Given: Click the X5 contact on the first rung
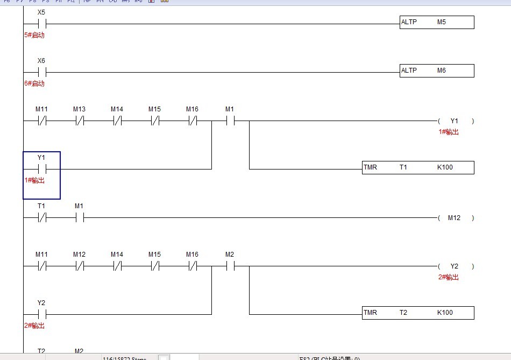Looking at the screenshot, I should coord(41,24).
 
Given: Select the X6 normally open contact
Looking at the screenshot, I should coord(41,72).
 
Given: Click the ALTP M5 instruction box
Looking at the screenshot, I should coord(437,23).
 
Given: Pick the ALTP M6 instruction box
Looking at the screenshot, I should coord(437,71).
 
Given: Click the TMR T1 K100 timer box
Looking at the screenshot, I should coord(418,167).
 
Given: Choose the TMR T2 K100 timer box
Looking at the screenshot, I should coord(418,313).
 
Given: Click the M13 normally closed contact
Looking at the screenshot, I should coord(80,121).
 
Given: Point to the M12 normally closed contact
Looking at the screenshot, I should coord(80,266).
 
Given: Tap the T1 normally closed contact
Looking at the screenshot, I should coord(41,218).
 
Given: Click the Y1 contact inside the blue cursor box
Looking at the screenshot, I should coord(41,169).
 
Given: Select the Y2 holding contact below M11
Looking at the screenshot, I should coord(41,314).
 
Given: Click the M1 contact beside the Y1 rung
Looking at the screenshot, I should coord(230,121).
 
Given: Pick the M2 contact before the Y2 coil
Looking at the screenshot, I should coord(230,266).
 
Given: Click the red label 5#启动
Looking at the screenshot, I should coord(34,35).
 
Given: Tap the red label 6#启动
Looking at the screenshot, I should coord(34,83).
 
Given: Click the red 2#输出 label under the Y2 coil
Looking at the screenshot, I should coord(449,277).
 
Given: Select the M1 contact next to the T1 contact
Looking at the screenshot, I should coord(79,218).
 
